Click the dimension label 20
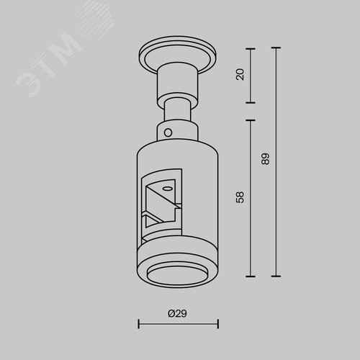(240, 74)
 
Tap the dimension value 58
(240, 197)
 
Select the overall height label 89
(266, 158)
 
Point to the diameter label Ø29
(177, 313)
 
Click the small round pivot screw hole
(168, 132)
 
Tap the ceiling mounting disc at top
(178, 55)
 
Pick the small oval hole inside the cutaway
(166, 189)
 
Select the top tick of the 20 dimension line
(251, 49)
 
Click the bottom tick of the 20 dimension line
(251, 102)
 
